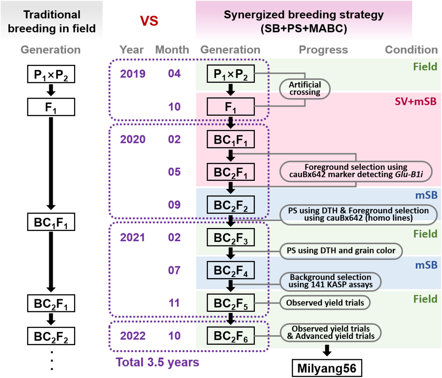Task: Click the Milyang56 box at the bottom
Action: click(327, 368)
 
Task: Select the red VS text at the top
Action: click(149, 21)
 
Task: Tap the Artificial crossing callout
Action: click(305, 88)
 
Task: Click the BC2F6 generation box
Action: click(231, 336)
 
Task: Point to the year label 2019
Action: click(133, 74)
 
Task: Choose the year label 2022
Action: click(133, 336)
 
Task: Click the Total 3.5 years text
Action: click(158, 362)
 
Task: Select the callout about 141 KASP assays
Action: click(330, 281)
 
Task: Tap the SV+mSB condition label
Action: click(416, 101)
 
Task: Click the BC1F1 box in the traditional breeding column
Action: click(51, 222)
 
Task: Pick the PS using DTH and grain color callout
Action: click(341, 251)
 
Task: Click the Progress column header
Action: click(323, 50)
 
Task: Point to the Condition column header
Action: click(411, 50)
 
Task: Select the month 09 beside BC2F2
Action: click(174, 205)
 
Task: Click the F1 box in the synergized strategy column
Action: click(231, 107)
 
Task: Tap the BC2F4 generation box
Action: click(231, 270)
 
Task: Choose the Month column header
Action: click(172, 50)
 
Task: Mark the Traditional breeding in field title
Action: click(52, 21)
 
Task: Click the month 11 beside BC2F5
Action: click(174, 303)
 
